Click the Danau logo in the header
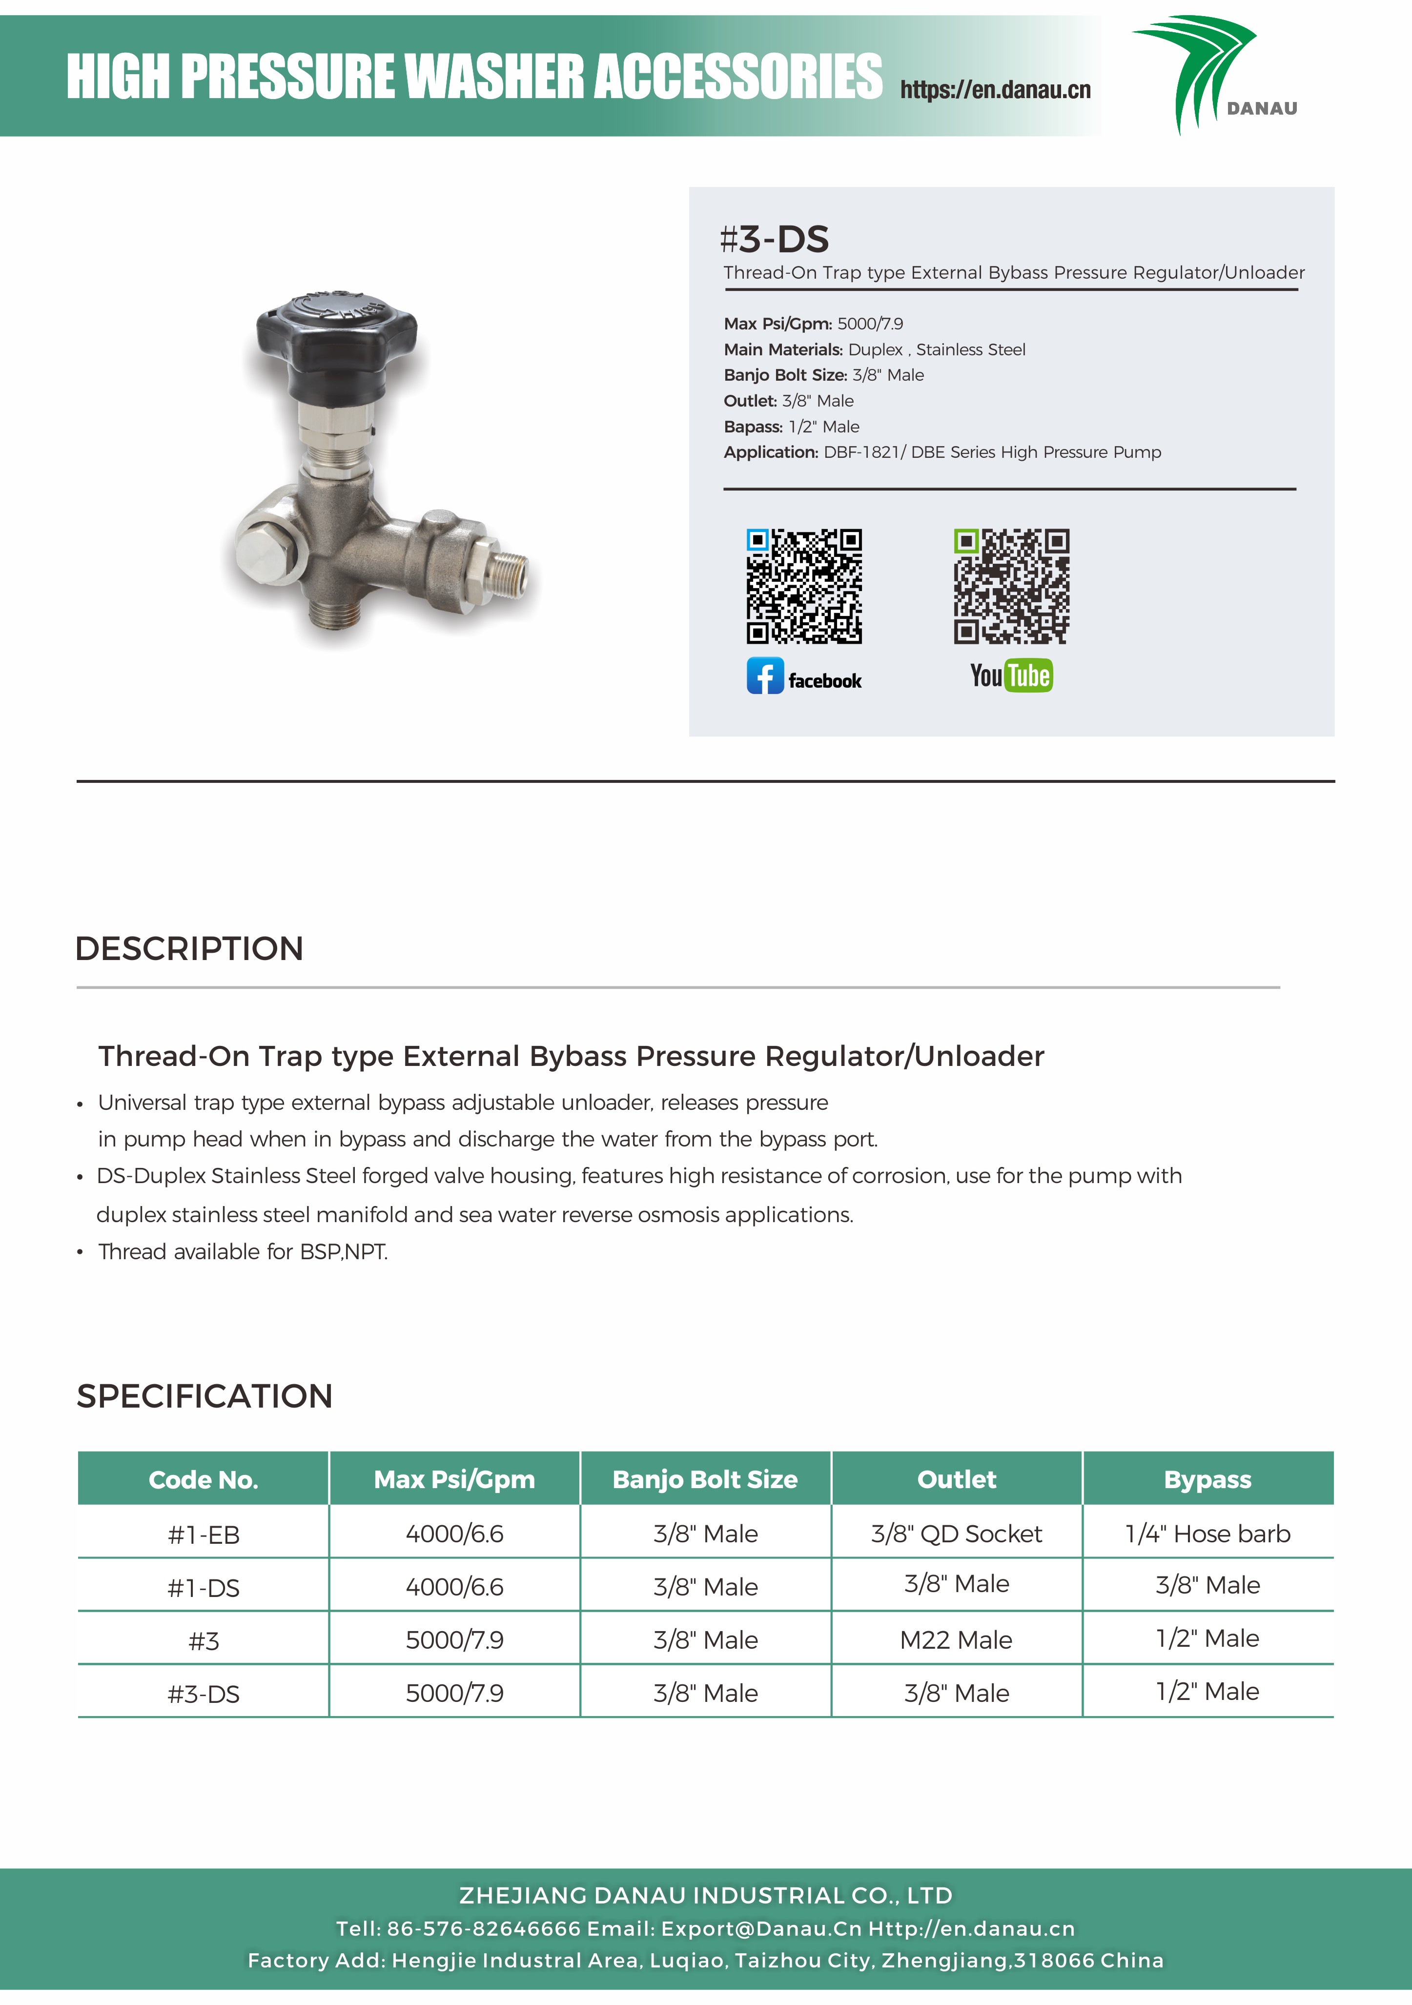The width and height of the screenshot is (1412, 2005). (1214, 74)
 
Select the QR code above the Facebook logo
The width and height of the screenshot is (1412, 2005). (803, 586)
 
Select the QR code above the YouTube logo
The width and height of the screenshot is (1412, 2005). (1011, 586)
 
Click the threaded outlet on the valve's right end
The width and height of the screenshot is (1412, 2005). (507, 572)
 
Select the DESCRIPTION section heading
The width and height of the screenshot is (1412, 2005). (189, 948)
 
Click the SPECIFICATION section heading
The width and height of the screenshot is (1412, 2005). (205, 1395)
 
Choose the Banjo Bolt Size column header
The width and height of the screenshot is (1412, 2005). (705, 1479)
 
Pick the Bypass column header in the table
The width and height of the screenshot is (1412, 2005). (1207, 1479)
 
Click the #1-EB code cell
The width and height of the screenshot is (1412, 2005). (204, 1534)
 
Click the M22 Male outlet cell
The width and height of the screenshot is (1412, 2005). (956, 1640)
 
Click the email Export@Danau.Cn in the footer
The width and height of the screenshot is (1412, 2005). (760, 1928)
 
